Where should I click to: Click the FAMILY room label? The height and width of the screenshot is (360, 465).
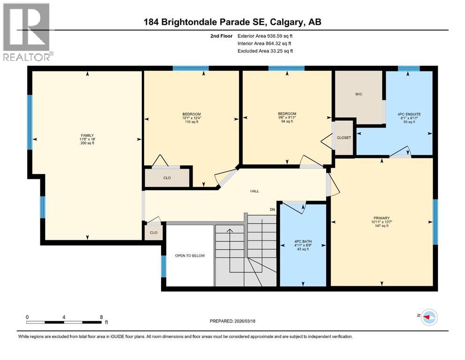[87, 135]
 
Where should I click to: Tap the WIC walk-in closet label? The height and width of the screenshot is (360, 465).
[358, 94]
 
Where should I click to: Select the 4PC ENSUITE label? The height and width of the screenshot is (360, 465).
[407, 114]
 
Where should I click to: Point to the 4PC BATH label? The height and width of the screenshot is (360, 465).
[303, 241]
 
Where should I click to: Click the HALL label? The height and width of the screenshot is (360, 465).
[254, 191]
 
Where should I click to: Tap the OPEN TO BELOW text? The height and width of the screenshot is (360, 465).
[190, 255]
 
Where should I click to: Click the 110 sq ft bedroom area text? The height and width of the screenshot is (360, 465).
[192, 122]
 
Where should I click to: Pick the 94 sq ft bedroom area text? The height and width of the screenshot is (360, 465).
[287, 121]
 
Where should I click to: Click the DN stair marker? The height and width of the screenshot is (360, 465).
[272, 209]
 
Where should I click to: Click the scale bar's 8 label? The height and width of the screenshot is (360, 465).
[102, 317]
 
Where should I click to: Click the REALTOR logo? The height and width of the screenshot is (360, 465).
[27, 32]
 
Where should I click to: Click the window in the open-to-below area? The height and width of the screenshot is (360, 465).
[163, 266]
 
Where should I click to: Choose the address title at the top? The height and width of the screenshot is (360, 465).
[232, 22]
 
